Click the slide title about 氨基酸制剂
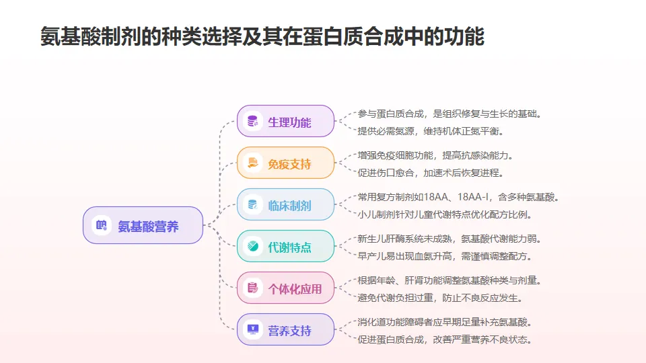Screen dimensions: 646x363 (x=262, y=37)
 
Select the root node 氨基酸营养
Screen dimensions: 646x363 (x=143, y=225)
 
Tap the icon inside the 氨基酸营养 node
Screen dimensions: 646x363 (x=102, y=225)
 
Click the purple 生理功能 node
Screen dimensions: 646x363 (x=285, y=122)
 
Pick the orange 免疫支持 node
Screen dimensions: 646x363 (x=285, y=163)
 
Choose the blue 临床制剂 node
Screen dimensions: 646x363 (x=285, y=205)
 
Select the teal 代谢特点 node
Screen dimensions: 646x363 (x=285, y=247)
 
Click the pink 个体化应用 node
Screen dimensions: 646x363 (x=285, y=288)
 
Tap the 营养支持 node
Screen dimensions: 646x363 (x=285, y=330)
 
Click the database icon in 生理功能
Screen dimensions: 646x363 (x=253, y=122)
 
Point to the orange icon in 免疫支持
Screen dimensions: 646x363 (x=253, y=163)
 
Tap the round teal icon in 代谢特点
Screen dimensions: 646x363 (x=253, y=247)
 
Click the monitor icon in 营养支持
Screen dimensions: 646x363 (x=253, y=330)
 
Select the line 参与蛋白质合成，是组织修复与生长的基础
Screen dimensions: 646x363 (x=450, y=114)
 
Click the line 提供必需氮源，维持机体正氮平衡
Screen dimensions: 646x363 (x=431, y=131)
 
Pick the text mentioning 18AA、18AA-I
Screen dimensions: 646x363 (x=458, y=197)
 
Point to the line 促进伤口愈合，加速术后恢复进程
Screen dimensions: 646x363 (x=431, y=173)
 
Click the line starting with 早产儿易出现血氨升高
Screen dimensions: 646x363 (x=445, y=256)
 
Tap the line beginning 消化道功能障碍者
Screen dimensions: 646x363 (x=445, y=322)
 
